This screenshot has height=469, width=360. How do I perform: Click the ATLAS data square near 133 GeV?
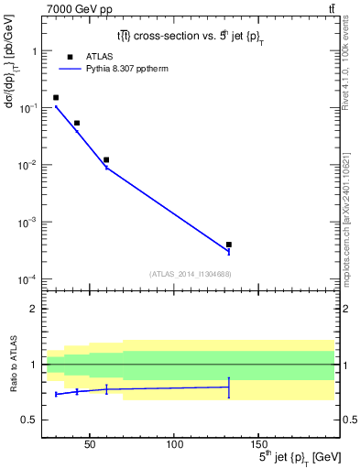pos(229,245)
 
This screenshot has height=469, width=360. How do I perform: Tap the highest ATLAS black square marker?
pos(56,97)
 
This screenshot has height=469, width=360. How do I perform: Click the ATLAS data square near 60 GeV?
pos(106,159)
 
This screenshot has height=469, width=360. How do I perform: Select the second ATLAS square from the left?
pos(77,123)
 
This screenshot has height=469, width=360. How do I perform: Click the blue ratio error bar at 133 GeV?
pos(229,387)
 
